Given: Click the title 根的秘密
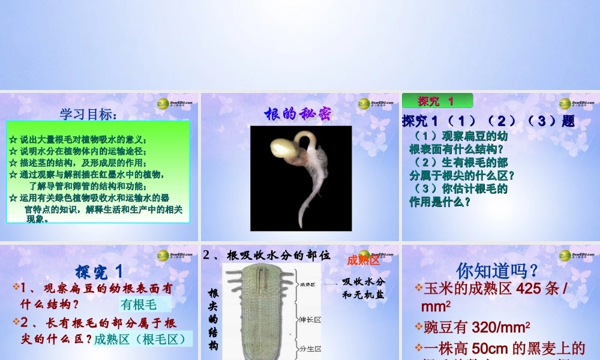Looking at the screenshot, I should coord(298,113).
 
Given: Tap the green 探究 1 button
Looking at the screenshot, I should coord(436,101).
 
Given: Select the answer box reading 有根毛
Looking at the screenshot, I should coord(139,304).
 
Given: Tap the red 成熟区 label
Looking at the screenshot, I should coord(363,260).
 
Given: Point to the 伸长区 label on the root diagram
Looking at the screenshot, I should coord(310,320).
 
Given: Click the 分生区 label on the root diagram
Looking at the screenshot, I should coord(310,349).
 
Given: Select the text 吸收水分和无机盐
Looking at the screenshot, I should coord(363,288).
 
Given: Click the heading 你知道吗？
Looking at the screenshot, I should coord(497,270).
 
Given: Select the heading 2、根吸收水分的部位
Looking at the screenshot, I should coord(266,255).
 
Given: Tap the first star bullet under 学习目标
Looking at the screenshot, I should coord(13,139).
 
